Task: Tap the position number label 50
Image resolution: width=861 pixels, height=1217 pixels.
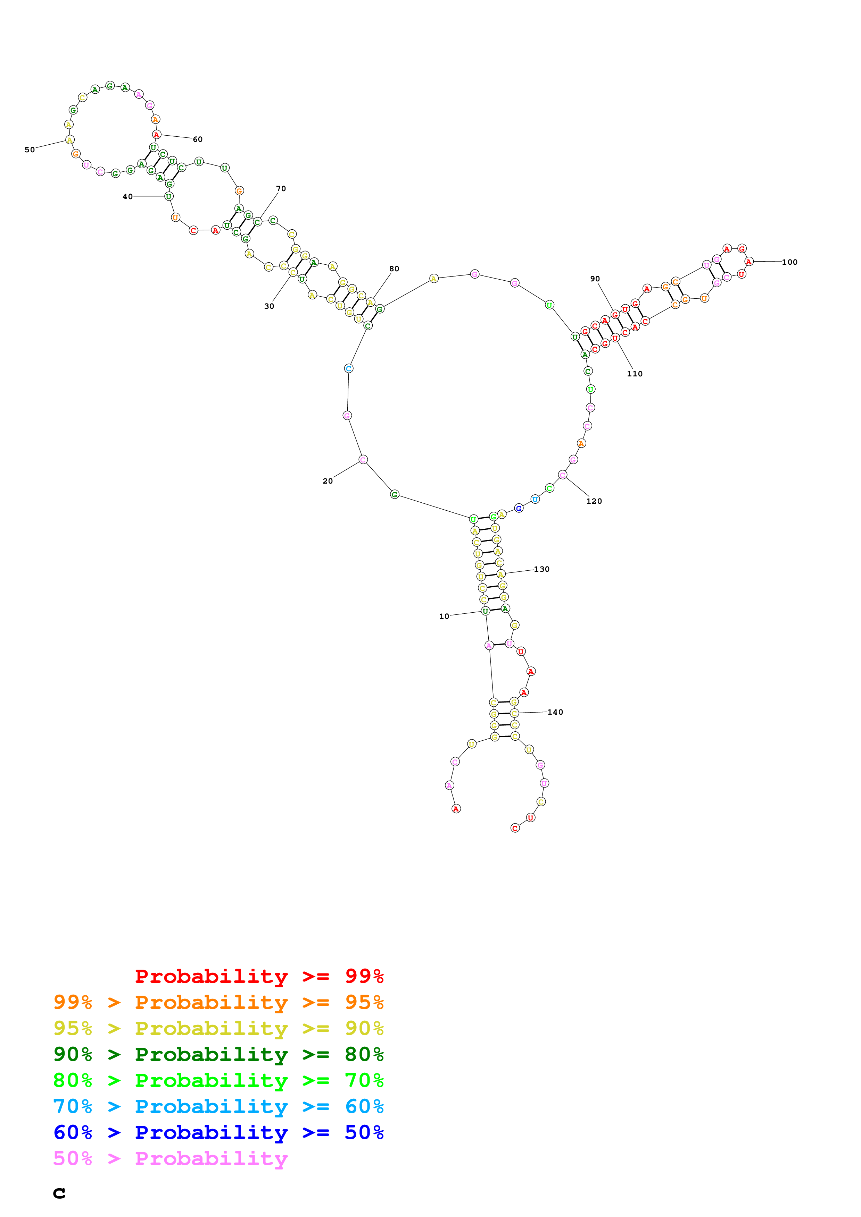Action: [x=30, y=150]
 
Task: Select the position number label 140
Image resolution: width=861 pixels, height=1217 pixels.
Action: [x=555, y=712]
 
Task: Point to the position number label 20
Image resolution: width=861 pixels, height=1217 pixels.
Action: [x=328, y=481]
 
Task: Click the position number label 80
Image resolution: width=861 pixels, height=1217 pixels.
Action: [x=394, y=269]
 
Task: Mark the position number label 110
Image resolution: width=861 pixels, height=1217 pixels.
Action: [x=635, y=374]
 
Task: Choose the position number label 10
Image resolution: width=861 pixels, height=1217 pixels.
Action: [x=444, y=616]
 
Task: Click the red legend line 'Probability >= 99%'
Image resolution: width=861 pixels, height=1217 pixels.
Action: [x=259, y=976]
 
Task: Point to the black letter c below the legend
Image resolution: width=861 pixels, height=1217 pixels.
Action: [x=59, y=1193]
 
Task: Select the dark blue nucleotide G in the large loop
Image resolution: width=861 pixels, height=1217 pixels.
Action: [x=519, y=508]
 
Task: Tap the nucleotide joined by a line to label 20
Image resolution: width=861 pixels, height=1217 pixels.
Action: [x=363, y=460]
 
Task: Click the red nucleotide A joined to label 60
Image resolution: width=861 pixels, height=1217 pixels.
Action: [x=157, y=135]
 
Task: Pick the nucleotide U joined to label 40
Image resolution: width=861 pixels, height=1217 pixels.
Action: [x=169, y=196]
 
